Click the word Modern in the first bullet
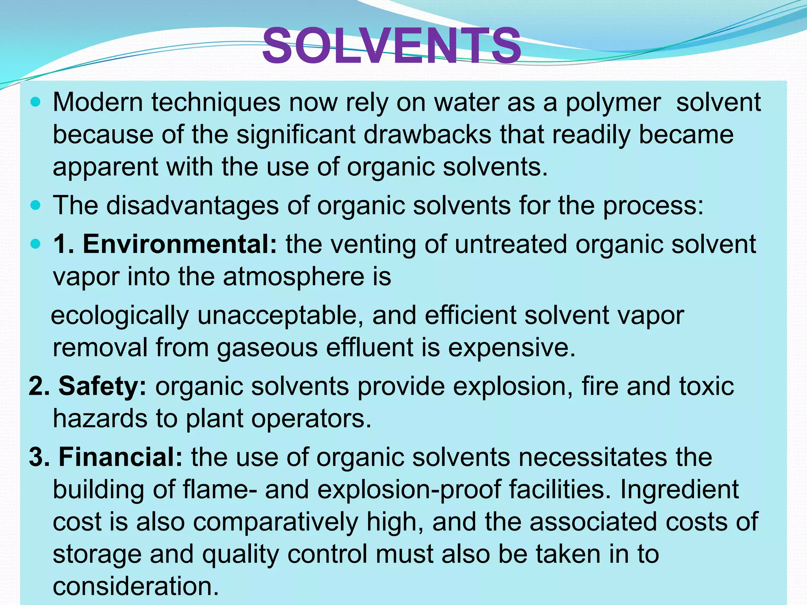click(98, 102)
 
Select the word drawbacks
click(428, 135)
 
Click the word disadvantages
click(193, 205)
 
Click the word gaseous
click(267, 348)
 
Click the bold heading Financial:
click(121, 457)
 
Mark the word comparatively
click(275, 522)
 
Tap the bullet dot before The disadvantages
click(35, 205)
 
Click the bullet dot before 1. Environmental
click(35, 244)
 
